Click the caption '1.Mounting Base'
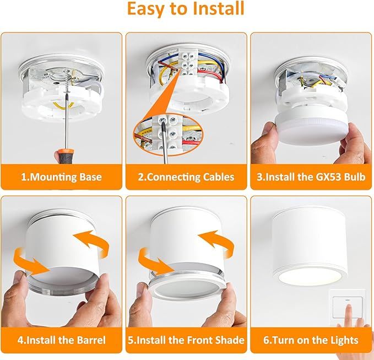[x=61, y=177]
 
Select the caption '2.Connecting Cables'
[x=186, y=177]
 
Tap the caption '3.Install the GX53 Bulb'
[x=312, y=177]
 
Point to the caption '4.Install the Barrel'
[x=61, y=340]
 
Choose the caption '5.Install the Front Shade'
[x=186, y=340]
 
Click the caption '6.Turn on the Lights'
[x=312, y=340]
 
